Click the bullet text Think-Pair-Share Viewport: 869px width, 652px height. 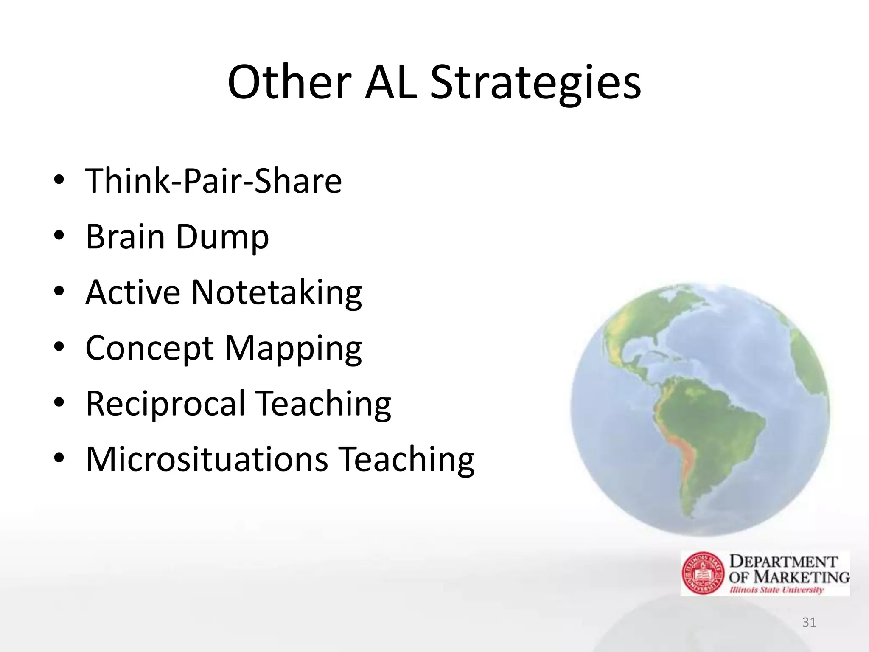(x=213, y=181)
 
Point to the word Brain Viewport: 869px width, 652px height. (x=125, y=236)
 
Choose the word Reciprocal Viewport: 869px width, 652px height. (x=165, y=404)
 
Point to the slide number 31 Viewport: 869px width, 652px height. (x=809, y=622)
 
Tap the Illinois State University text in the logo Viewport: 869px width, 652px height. (x=776, y=590)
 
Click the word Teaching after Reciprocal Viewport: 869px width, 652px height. (x=324, y=404)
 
